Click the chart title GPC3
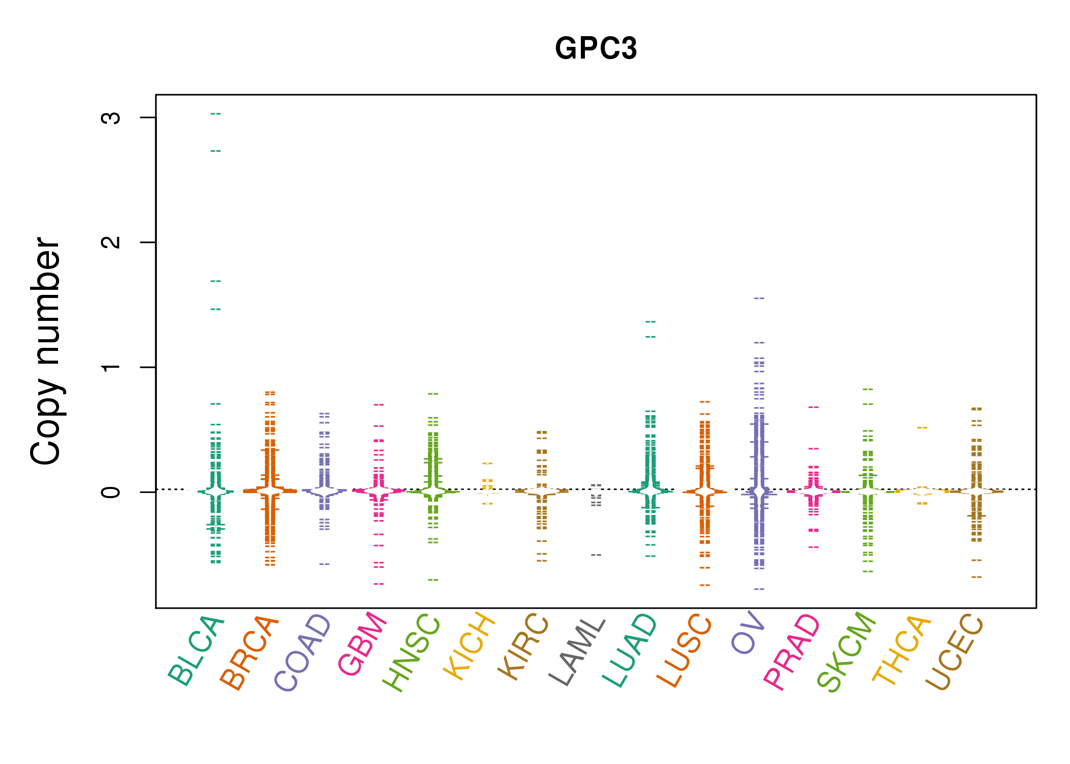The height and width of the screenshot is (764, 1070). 596,49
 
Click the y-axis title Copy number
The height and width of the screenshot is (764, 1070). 46,351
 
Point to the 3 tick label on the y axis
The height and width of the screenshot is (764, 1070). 111,118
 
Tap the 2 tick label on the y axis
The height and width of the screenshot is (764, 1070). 111,242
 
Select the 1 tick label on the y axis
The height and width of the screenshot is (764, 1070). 111,367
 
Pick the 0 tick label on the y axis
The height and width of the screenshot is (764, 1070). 111,492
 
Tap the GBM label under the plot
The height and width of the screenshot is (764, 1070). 362,644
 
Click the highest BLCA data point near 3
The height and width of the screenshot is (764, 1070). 216,114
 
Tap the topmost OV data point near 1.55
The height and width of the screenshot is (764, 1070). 759,298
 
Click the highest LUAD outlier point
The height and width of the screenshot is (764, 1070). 651,322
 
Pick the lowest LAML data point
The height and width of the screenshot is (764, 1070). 596,555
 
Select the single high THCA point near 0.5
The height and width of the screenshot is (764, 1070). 922,428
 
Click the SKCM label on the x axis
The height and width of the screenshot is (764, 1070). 846,651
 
